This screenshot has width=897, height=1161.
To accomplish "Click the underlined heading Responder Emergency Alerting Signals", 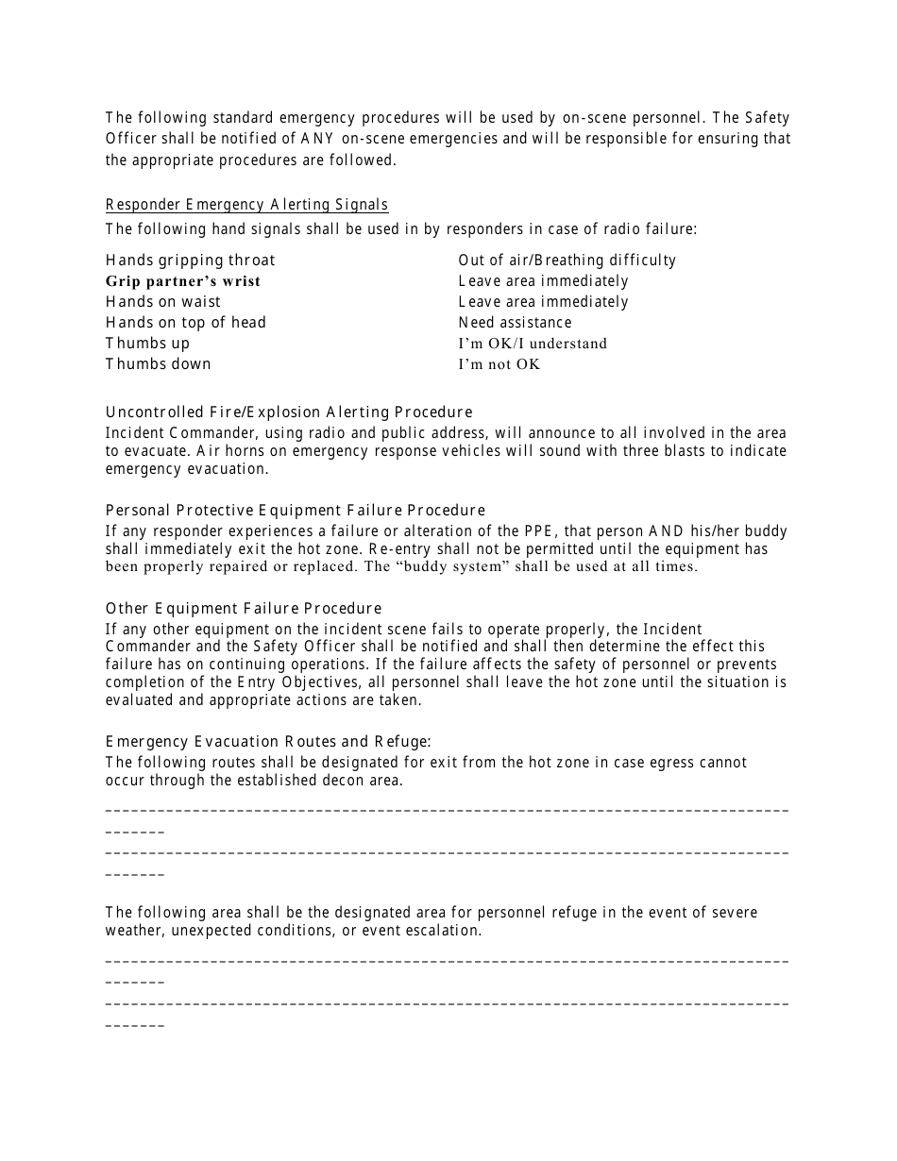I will coord(246,205).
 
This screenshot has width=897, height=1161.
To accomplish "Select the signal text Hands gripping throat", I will coord(191,261).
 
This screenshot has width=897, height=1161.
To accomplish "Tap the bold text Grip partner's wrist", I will coord(183,281).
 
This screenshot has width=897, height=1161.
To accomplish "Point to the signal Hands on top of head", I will coord(186,323).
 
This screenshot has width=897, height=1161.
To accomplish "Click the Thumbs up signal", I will coord(147,344).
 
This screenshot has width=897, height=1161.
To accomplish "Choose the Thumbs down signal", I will coord(159,364).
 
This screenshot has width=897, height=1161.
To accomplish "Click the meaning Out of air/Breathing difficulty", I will coord(567,261).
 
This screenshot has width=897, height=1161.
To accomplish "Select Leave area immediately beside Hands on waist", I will coord(543,302).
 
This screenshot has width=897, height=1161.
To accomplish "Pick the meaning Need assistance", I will coord(515,323).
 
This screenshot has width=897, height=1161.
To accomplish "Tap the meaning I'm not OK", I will coord(499,364).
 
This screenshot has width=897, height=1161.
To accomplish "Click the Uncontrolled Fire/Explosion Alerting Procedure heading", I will coord(289,412).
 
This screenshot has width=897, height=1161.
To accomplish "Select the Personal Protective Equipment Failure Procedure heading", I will coord(296,511).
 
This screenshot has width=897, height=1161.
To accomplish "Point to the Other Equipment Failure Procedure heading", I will coord(244,609).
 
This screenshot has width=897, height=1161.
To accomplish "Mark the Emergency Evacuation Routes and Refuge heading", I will coord(268,742).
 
